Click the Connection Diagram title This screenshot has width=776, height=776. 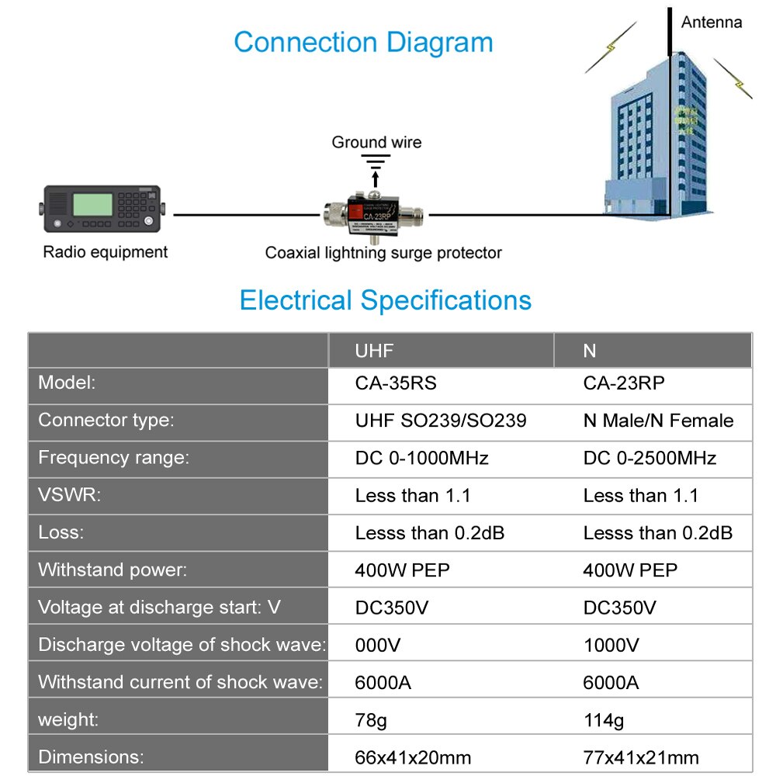coord(363,42)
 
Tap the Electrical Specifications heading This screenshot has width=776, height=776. coord(385,300)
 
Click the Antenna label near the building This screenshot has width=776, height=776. coord(711,23)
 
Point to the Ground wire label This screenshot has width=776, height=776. coord(376,142)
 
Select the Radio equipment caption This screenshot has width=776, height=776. coord(105,252)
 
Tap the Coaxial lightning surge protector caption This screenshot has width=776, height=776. coord(383,253)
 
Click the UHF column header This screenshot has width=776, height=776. coord(374,351)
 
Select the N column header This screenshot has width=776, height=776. coord(590,351)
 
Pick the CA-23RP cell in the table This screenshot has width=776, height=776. coord(624,383)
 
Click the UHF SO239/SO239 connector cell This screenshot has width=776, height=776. coord(441,421)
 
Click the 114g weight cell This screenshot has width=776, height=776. coord(603,720)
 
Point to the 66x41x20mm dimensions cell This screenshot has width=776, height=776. coord(413,757)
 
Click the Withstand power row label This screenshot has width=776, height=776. coord(113,570)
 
